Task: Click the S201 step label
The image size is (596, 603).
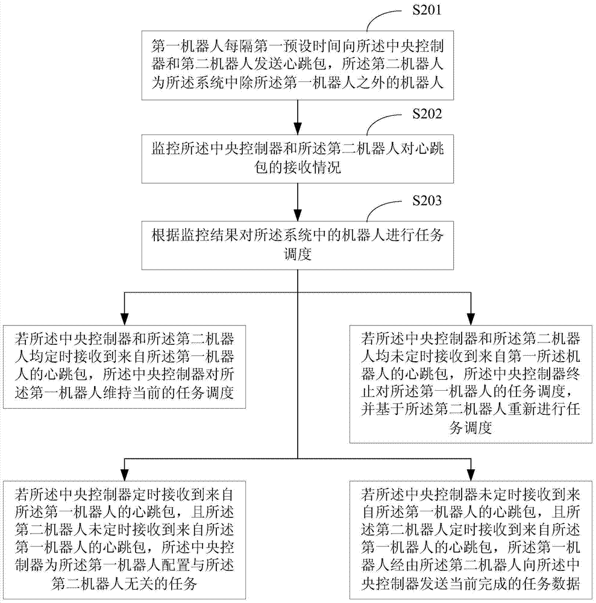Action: tap(427, 10)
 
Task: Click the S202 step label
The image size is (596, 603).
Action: tap(427, 113)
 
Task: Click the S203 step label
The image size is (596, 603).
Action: tap(427, 200)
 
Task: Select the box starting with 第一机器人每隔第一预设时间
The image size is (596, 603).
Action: tap(298, 65)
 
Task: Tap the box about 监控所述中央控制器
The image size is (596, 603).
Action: tap(298, 159)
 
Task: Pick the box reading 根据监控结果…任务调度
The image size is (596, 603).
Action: tap(298, 245)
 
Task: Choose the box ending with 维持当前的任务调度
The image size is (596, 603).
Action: tap(125, 367)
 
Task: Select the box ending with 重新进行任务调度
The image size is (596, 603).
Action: tap(471, 384)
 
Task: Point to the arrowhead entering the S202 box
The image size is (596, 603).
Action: tap(298, 128)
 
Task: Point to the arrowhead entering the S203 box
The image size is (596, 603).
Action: tap(298, 215)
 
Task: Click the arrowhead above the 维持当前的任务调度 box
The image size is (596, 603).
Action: tap(125, 319)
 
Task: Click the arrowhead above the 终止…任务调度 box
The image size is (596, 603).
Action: tap(471, 319)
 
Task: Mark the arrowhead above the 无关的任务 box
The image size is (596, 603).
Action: tap(125, 474)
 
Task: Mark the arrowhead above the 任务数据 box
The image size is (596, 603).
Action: tap(471, 474)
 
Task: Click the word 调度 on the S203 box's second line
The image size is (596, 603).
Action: tap(298, 254)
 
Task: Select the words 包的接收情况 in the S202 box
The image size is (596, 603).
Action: tap(298, 168)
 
